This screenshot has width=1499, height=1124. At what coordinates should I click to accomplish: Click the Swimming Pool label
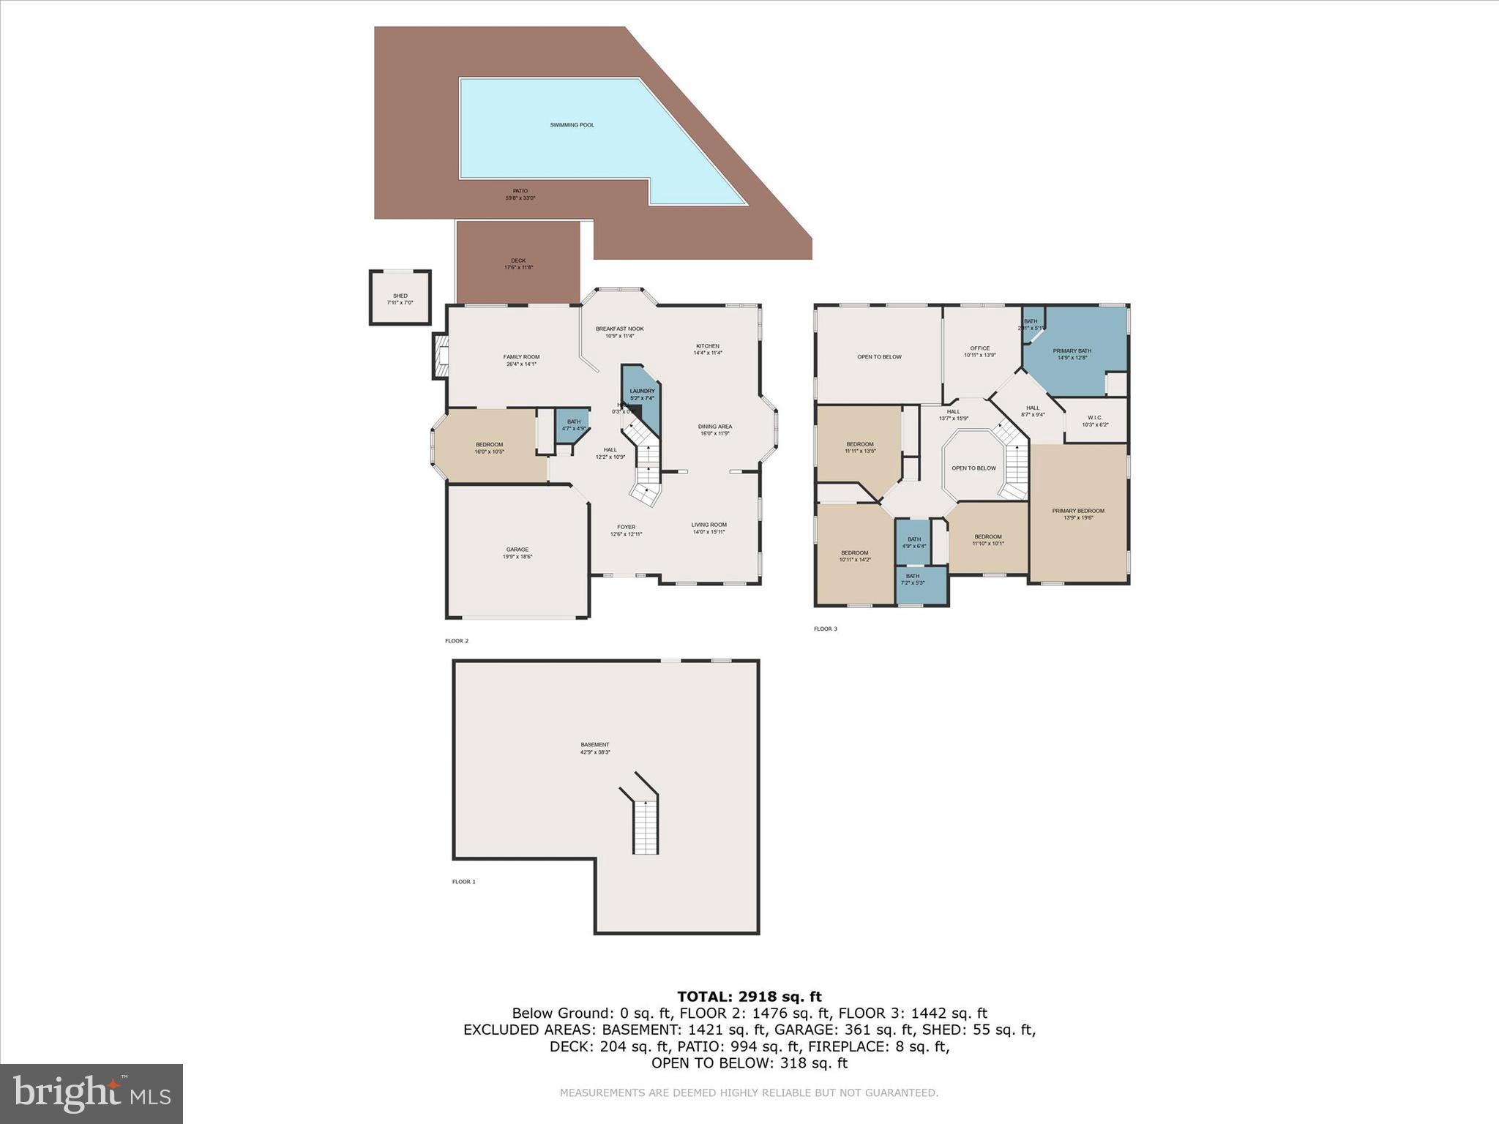pyautogui.click(x=572, y=125)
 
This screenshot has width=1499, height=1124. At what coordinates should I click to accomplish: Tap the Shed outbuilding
pyautogui.click(x=400, y=298)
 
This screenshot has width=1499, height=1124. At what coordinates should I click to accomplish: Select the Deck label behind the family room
pyautogui.click(x=518, y=263)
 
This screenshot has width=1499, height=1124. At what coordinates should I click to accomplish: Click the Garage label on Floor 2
pyautogui.click(x=517, y=552)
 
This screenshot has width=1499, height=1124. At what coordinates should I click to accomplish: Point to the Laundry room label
pyautogui.click(x=642, y=394)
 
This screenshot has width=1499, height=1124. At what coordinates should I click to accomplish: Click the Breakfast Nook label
pyautogui.click(x=619, y=332)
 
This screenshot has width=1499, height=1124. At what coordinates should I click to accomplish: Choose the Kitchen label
pyautogui.click(x=707, y=349)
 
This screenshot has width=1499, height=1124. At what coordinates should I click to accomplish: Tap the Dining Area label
pyautogui.click(x=714, y=430)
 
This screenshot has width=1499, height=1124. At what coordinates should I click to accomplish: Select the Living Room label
pyautogui.click(x=709, y=528)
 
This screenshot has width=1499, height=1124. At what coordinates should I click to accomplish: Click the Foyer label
pyautogui.click(x=626, y=530)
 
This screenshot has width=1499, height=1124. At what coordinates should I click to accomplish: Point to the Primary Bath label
pyautogui.click(x=1072, y=354)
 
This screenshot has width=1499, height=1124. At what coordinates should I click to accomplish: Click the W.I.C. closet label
pyautogui.click(x=1094, y=421)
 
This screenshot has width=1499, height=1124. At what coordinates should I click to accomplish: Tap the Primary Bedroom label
pyautogui.click(x=1077, y=514)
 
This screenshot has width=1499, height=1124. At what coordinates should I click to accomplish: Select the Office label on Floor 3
pyautogui.click(x=979, y=351)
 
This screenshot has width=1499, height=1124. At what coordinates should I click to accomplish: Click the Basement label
pyautogui.click(x=594, y=748)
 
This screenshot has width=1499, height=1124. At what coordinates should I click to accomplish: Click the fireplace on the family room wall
pyautogui.click(x=440, y=356)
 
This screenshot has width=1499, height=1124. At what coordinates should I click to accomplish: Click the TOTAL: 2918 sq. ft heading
pyautogui.click(x=749, y=997)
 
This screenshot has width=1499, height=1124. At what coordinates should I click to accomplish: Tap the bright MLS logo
pyautogui.click(x=91, y=1093)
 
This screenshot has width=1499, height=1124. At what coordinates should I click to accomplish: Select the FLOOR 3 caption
pyautogui.click(x=825, y=629)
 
